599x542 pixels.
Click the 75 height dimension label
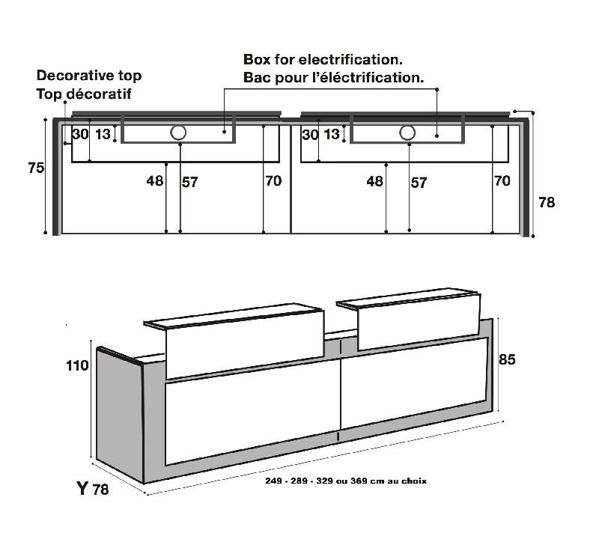pyautogui.click(x=36, y=168)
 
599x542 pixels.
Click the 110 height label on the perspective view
pyautogui.click(x=77, y=365)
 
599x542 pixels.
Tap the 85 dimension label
pyautogui.click(x=507, y=359)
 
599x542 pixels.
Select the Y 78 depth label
pyautogui.click(x=92, y=489)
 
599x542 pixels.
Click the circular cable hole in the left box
pyautogui.click(x=178, y=133)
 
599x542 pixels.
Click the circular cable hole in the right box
pyautogui.click(x=407, y=133)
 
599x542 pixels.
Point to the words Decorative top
pyautogui.click(x=89, y=76)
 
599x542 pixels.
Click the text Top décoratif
pyautogui.click(x=84, y=94)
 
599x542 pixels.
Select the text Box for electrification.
pyautogui.click(x=323, y=60)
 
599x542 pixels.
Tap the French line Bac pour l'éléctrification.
pyautogui.click(x=333, y=78)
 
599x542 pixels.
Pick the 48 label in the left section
pyautogui.click(x=155, y=180)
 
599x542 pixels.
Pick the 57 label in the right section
pyautogui.click(x=419, y=183)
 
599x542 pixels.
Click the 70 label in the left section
pyautogui.click(x=273, y=180)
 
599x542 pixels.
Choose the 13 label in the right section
pyautogui.click(x=332, y=134)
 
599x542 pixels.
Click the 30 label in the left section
pyautogui.click(x=81, y=134)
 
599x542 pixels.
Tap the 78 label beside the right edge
pyautogui.click(x=547, y=202)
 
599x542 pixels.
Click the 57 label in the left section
pyautogui.click(x=190, y=182)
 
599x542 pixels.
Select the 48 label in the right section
pyautogui.click(x=375, y=180)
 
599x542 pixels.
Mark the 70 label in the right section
pyautogui.click(x=502, y=180)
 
